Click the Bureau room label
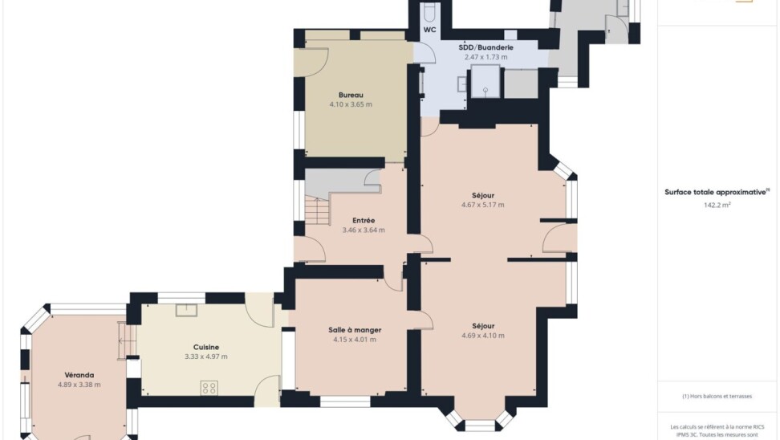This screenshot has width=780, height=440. pos(351,95)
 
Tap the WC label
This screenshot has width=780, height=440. pos(430,30)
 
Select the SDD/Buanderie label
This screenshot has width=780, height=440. pos(486,48)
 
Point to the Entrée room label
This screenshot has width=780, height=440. pos(364,221)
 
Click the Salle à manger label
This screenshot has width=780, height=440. pos(355,330)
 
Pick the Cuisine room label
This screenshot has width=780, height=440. pos(206,348)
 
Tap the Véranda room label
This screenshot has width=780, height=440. pos(79,375)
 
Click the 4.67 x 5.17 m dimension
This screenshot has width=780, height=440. pos(483,205)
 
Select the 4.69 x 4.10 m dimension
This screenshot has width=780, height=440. pos(483,336)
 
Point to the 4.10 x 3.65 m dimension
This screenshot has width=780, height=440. pos(351,104)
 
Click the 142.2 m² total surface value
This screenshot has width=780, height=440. pos(717,205)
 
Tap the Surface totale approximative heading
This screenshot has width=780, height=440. pos(717,192)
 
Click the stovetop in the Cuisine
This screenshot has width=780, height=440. pos(209,389)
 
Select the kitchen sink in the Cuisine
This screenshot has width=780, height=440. pos(186,310)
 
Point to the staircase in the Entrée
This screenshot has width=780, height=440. pos(317,210)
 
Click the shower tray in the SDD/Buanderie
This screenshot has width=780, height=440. pos(485,81)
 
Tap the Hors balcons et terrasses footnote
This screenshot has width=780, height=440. pos(717,397)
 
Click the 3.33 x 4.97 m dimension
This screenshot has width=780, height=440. pos(206,356)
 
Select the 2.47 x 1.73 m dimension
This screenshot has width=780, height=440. pos(486,57)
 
